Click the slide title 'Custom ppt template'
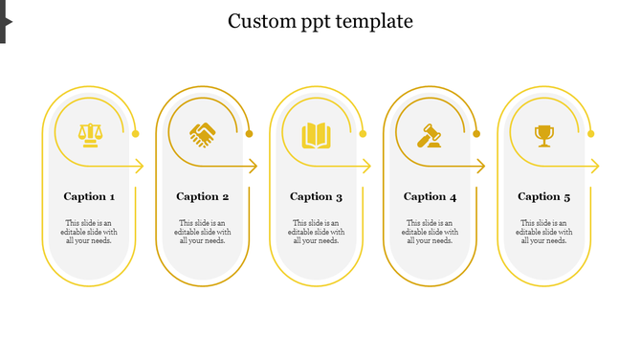[320, 21]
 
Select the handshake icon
[202, 135]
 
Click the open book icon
[316, 135]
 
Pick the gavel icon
[429, 135]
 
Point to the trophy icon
[544, 135]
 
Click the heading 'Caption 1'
[89, 196]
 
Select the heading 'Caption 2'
[203, 196]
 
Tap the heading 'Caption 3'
[317, 196]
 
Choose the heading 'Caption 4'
[431, 196]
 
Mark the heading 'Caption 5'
[544, 196]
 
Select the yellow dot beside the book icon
[363, 134]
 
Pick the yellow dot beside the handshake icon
[249, 134]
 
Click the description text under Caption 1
[89, 232]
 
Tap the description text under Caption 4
[431, 232]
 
